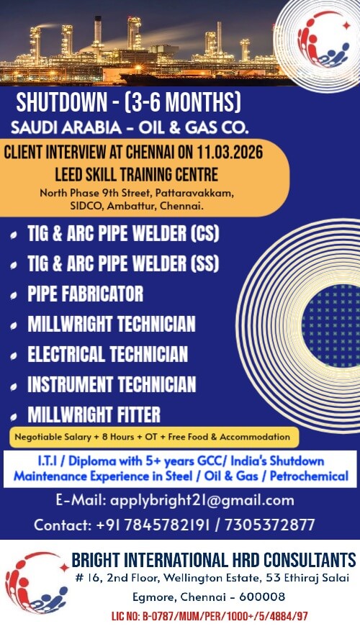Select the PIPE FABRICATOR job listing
point(85,294)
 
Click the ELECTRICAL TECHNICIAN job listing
point(107,355)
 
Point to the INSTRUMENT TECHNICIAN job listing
point(111,385)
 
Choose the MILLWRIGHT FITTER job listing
point(94,415)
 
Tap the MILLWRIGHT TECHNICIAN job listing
point(111,325)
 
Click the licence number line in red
point(210,616)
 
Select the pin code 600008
point(259,597)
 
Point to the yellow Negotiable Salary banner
point(151,436)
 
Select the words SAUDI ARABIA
point(62,128)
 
